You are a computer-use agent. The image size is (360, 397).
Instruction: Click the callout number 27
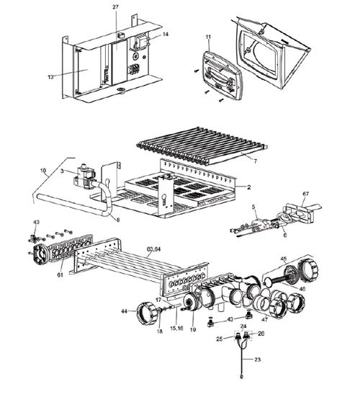[115, 6]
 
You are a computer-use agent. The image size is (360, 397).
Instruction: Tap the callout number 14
[166, 34]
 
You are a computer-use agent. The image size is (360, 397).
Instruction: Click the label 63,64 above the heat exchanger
[153, 248]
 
